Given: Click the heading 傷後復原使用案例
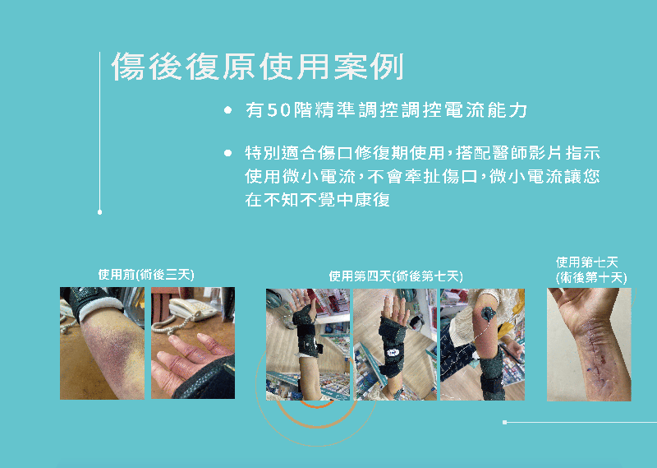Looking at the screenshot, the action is [257, 67].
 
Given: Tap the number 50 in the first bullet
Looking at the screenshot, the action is [278, 110].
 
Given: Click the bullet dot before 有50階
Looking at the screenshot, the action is [228, 110].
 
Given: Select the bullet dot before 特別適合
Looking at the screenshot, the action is [228, 153].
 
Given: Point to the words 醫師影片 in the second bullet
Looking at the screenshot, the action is [528, 153].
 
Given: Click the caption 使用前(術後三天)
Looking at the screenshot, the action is [146, 275].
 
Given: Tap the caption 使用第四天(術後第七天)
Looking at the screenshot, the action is [396, 276].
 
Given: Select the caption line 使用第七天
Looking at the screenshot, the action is [587, 262].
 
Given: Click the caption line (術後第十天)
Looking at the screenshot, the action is [591, 277].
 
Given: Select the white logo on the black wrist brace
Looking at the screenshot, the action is [393, 352].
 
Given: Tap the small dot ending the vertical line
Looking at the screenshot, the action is [99, 212].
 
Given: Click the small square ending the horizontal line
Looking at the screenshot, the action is [505, 422].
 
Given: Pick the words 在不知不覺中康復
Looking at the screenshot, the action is [317, 200].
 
